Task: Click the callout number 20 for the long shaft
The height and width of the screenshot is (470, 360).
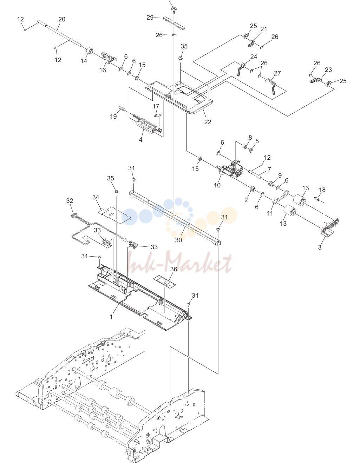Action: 62,19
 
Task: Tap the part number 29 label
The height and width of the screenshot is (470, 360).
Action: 150,18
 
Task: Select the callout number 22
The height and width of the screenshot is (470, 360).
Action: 208,122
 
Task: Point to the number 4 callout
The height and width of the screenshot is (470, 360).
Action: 140,140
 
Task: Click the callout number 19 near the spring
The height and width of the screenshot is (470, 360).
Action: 113,117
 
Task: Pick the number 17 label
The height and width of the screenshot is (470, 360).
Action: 156,106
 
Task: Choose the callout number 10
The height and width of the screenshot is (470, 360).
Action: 217,185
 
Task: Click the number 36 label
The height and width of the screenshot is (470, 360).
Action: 174,269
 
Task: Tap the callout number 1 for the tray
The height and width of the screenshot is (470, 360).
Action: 111,317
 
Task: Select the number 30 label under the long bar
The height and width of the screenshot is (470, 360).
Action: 178,240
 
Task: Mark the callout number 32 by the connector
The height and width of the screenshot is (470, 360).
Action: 70,201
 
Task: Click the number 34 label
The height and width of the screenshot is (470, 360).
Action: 96,197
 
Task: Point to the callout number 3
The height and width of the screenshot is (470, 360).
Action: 320,247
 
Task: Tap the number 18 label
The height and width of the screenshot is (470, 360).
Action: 322,190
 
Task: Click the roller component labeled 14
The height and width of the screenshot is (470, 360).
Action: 89,52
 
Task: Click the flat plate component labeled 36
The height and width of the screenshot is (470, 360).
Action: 164,282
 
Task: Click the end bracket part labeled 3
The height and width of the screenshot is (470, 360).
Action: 329,227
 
